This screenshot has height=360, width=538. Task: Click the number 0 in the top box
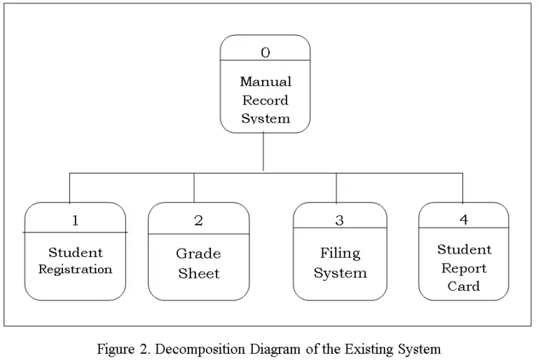pyautogui.click(x=265, y=52)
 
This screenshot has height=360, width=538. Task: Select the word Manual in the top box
pyautogui.click(x=265, y=82)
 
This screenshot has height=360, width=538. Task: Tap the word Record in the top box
pyautogui.click(x=265, y=100)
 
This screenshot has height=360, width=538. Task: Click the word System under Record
pyautogui.click(x=265, y=118)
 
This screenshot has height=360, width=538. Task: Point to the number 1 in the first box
pyautogui.click(x=75, y=220)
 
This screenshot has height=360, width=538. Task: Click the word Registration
pyautogui.click(x=75, y=270)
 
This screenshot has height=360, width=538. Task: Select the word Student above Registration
pyautogui.click(x=75, y=252)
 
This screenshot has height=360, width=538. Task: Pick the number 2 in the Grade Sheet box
pyautogui.click(x=198, y=221)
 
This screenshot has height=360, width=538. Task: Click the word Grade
pyautogui.click(x=198, y=254)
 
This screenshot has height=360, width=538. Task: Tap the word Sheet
pyautogui.click(x=198, y=273)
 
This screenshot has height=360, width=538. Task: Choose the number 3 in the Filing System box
pyautogui.click(x=340, y=221)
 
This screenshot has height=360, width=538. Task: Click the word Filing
pyautogui.click(x=340, y=253)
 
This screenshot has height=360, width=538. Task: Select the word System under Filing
pyautogui.click(x=340, y=273)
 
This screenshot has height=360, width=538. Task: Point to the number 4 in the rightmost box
pyautogui.click(x=464, y=219)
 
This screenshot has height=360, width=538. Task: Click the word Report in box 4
pyautogui.click(x=464, y=268)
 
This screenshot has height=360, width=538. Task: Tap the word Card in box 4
pyautogui.click(x=464, y=286)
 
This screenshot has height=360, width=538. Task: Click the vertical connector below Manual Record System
pyautogui.click(x=263, y=151)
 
